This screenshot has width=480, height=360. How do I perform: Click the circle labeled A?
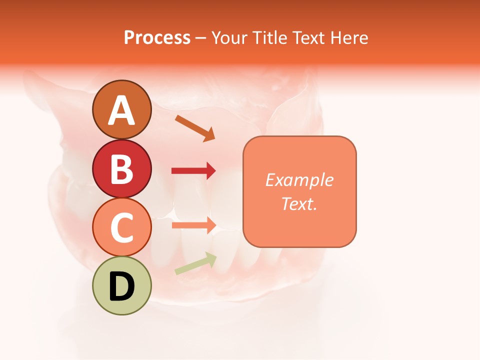121,109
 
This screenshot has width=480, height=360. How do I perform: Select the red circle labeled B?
121,168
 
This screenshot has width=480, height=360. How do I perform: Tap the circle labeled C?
121,227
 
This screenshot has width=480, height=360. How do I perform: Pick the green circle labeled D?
121,285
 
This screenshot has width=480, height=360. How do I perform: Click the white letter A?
121,110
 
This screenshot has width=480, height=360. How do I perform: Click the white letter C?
121,227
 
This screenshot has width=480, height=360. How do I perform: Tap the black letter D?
121,286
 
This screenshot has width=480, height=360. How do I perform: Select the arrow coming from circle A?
195,128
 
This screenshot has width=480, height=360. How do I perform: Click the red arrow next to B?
193,171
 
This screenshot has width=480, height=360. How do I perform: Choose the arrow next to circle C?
193,225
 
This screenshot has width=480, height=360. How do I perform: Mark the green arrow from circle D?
195,263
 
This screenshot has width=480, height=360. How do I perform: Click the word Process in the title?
157,37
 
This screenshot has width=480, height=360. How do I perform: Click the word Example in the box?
299,180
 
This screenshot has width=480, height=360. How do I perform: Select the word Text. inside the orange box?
299,203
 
